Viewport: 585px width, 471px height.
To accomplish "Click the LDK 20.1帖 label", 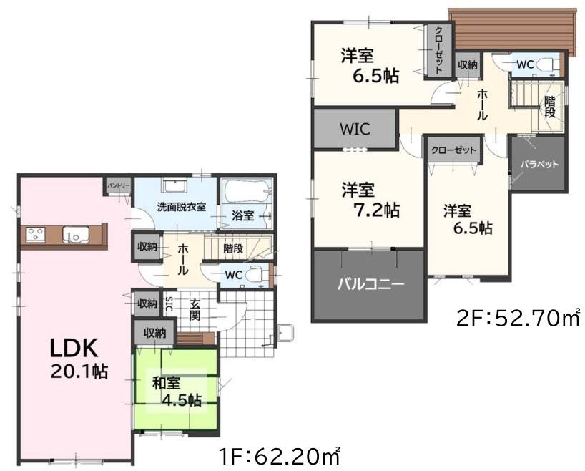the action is (79, 358).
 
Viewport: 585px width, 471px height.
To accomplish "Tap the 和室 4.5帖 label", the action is (177, 392).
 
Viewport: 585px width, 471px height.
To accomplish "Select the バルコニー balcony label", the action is (371, 286).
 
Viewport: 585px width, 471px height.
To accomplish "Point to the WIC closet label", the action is (355, 130).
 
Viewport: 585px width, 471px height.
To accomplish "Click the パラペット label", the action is (539, 165).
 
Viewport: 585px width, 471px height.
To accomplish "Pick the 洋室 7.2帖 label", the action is (371, 200).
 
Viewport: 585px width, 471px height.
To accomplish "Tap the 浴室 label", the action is (242, 215).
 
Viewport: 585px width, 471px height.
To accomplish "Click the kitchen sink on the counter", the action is (76, 235).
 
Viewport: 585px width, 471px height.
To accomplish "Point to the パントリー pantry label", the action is (119, 185).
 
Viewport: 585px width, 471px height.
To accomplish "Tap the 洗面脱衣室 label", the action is (182, 207).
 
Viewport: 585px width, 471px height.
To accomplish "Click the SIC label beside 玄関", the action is (169, 304).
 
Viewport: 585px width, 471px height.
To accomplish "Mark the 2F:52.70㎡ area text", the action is (518, 319).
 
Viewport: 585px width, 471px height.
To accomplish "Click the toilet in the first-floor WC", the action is (260, 275).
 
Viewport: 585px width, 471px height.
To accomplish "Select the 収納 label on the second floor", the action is (467, 65).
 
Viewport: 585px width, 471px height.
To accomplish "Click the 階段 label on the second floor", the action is (549, 107).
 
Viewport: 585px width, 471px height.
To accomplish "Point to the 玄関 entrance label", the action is (195, 309).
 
